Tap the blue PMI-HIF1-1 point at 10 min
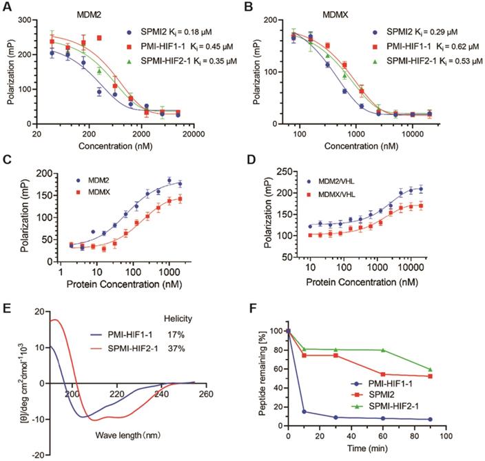tap(304, 412)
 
